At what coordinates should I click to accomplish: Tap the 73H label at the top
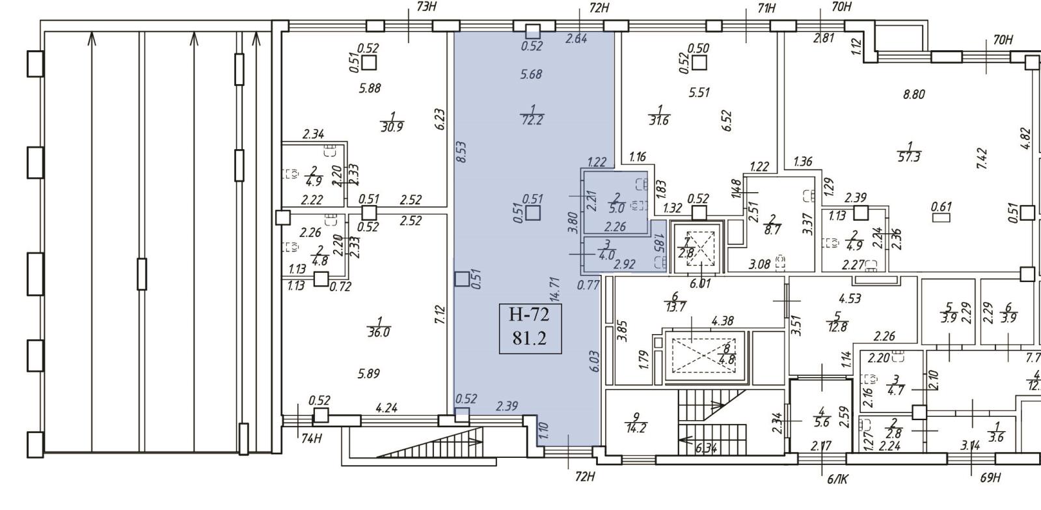click(426, 7)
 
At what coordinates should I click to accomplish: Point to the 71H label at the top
click(768, 8)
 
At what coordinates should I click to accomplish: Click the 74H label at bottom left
click(312, 438)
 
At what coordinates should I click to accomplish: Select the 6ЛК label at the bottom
click(838, 479)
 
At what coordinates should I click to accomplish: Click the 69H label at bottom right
click(990, 478)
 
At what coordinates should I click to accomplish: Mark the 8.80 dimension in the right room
click(913, 94)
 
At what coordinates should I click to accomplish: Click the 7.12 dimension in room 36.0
click(440, 315)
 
